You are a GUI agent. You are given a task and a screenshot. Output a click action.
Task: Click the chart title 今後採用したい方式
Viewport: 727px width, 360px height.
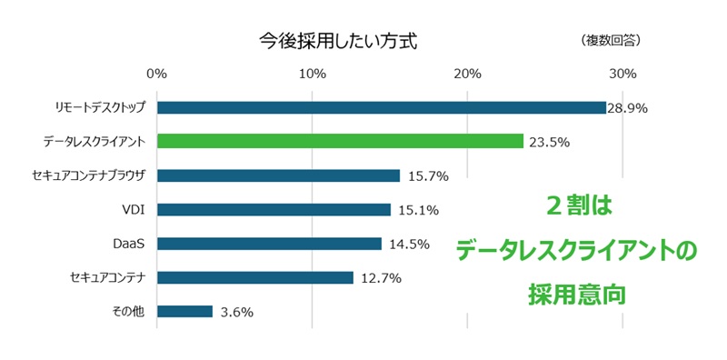click(337, 41)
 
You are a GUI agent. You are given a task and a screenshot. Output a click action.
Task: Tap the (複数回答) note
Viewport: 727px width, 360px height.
click(610, 41)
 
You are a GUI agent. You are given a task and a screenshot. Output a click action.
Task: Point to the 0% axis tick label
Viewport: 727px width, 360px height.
click(157, 73)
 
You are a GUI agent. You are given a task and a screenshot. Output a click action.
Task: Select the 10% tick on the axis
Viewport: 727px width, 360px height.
click(313, 73)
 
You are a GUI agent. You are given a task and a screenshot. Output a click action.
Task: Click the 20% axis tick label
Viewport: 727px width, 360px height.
click(467, 73)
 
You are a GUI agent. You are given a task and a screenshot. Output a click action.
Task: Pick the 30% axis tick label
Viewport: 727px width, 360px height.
click(622, 73)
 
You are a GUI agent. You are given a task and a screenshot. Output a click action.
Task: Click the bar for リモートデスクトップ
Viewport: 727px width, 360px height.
click(382, 107)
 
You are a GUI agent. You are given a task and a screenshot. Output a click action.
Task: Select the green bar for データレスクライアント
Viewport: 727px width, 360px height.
click(340, 141)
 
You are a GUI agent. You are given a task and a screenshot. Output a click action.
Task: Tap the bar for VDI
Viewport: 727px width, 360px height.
click(274, 210)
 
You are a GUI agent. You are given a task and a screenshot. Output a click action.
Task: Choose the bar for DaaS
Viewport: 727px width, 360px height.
click(269, 244)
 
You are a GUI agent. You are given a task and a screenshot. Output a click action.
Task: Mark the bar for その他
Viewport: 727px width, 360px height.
click(184, 311)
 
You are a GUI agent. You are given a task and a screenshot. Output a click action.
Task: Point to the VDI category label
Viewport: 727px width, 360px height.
click(134, 210)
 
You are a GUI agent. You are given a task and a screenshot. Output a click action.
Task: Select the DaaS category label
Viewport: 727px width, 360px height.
click(129, 244)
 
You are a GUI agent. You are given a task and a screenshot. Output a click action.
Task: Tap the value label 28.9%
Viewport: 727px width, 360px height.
click(627, 108)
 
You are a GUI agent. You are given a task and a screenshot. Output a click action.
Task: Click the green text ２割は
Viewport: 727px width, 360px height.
click(578, 206)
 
